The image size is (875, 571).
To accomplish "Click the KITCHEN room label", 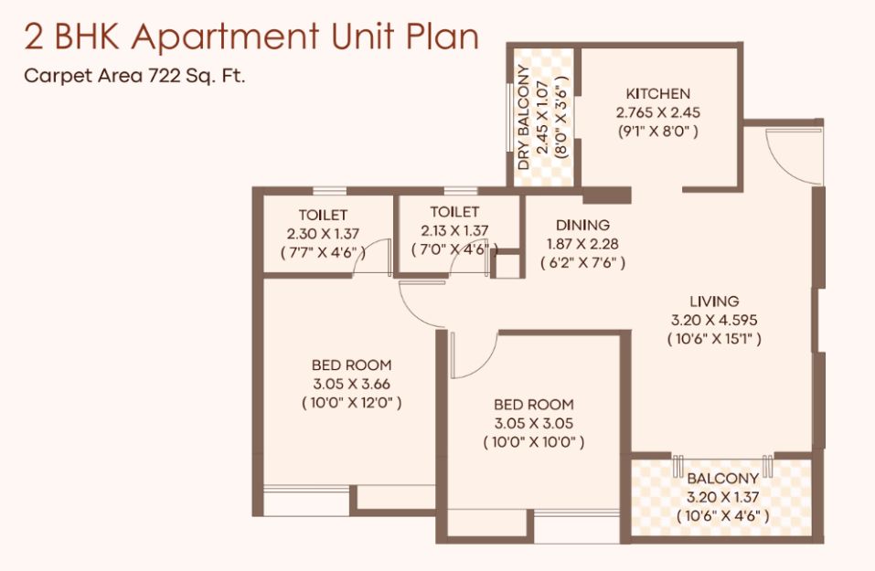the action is (x=658, y=94).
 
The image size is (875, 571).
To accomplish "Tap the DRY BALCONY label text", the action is (x=523, y=117).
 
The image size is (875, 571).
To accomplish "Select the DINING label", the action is (x=582, y=226).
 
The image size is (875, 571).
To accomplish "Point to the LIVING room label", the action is (x=714, y=301).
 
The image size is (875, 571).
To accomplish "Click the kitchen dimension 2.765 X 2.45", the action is (x=658, y=112).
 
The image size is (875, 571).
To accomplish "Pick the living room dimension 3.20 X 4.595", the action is (x=714, y=321).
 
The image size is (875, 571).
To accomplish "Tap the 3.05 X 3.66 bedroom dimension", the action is (x=352, y=385).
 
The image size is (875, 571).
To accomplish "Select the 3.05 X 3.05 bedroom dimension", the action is (x=533, y=424).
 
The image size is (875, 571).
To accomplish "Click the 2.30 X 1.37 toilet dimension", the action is (x=323, y=234).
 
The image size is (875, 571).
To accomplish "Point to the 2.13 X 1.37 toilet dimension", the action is (x=454, y=230).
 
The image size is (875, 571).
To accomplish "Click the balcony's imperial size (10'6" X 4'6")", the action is (x=722, y=516).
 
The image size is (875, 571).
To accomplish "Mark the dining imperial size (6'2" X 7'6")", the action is (x=582, y=262).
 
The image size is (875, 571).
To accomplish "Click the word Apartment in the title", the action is (x=226, y=38).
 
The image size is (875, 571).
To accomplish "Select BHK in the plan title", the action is (x=86, y=37).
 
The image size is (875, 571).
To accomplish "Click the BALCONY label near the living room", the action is (x=722, y=479).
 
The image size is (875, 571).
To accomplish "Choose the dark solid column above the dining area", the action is (x=606, y=196).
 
